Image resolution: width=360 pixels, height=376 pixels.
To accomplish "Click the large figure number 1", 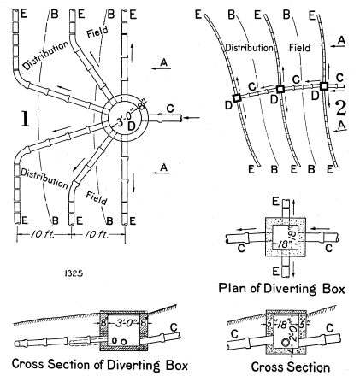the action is point(26,119).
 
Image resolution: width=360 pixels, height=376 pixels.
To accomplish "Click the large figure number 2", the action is point(341,109).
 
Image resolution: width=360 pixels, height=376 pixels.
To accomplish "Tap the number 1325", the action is point(74,273).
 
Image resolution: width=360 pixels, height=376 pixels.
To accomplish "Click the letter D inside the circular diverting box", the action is point(131,126).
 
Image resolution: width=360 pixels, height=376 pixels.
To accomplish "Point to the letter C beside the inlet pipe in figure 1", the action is point(170,109).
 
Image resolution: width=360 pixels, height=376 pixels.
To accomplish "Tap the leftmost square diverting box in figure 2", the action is point(237,98).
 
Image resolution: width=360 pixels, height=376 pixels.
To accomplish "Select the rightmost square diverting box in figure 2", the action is point(323,85).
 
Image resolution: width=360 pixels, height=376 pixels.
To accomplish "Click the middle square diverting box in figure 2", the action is point(280,89).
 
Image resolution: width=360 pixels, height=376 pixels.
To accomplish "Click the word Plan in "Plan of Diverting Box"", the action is point(230,289).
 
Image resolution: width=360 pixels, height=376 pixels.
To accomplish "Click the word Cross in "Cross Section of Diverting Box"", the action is point(28,364).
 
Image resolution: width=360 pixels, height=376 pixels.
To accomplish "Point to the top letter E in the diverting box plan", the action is point(275,202).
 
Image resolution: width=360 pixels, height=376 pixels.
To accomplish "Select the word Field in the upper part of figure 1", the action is point(97,32).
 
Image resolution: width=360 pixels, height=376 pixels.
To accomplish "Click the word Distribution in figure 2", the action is point(249,48).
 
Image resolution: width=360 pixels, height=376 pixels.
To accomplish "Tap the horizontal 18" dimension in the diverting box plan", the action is point(283,244).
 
